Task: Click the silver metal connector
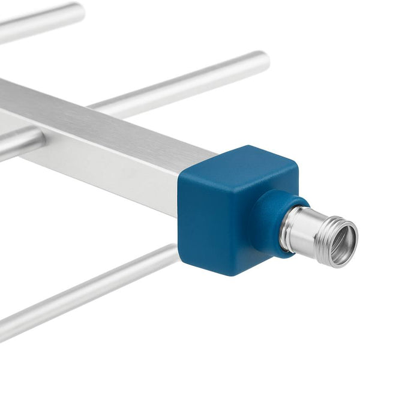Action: pos(318,234)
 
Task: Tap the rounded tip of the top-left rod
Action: pos(78,10)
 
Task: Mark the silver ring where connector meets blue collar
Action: pos(285,228)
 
